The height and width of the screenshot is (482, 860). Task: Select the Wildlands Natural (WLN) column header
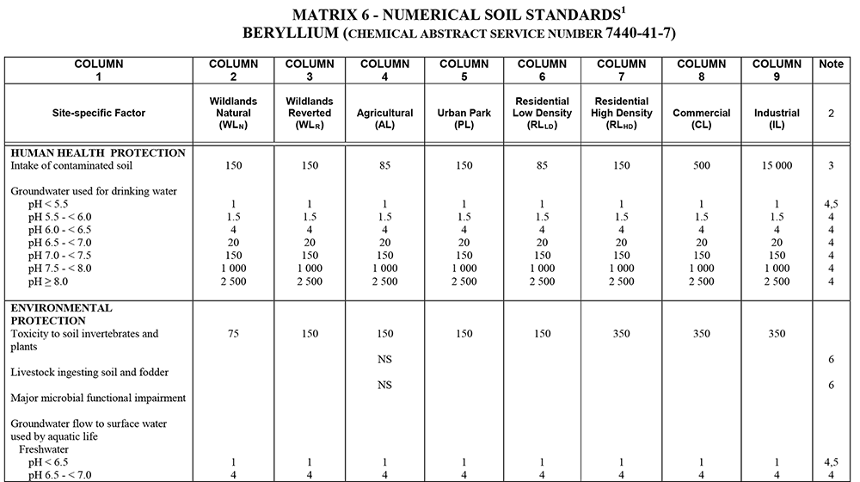[x=233, y=113]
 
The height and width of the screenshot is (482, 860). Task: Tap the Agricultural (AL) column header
[x=384, y=113]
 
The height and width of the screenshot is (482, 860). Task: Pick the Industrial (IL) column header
[x=777, y=113]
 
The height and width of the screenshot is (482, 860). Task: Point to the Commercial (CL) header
[x=701, y=113]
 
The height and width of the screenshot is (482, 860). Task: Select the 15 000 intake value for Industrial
[x=777, y=166]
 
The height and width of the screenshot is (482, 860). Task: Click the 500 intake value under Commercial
[x=701, y=166]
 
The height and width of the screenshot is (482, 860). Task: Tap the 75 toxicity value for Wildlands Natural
[x=233, y=334]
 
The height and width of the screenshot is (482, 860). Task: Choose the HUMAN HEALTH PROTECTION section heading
[x=98, y=153]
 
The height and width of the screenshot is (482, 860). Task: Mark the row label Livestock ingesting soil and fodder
[x=89, y=372]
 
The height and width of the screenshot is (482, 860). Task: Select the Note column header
[x=831, y=65]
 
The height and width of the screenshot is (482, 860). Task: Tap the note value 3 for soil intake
[x=831, y=166]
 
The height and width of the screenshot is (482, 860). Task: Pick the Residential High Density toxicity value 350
[x=621, y=334]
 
